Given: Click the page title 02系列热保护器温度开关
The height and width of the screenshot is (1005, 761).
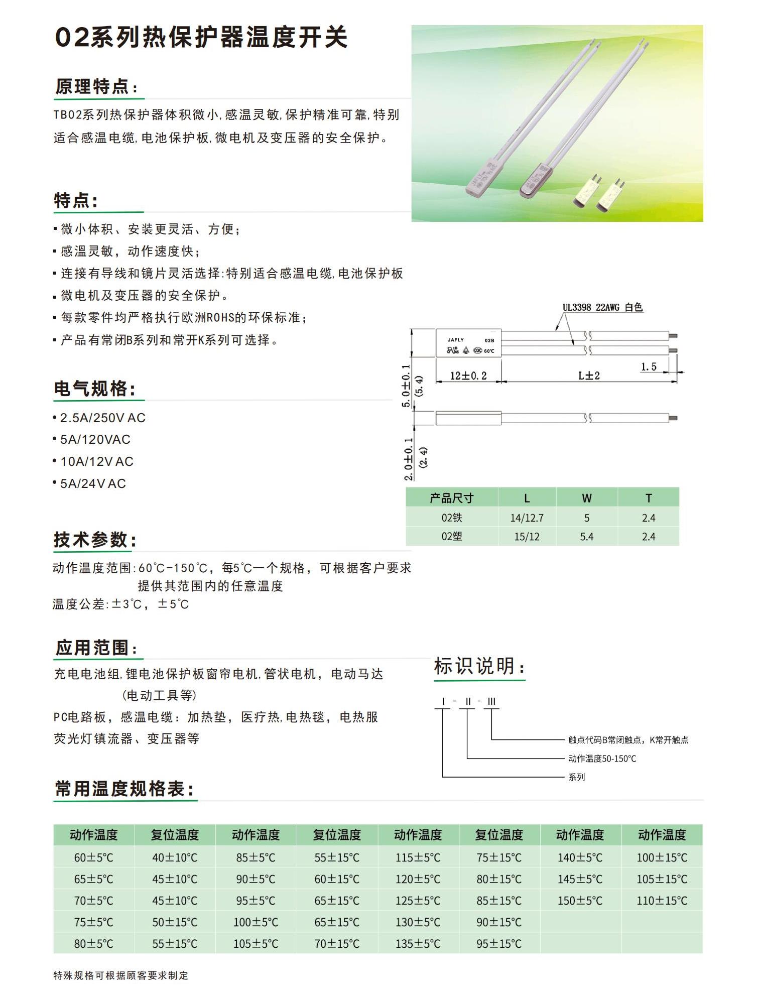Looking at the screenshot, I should point(201,37).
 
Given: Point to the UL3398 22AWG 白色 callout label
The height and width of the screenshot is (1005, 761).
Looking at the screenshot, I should point(602,307).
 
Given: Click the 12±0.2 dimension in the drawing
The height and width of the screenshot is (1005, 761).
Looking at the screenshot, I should point(468,375).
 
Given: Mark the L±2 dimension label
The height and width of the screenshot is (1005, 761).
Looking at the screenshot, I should point(589,375).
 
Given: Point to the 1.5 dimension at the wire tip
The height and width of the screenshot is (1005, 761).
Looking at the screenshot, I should point(648,366).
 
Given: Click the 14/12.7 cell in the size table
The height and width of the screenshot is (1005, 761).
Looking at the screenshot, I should point(527,518).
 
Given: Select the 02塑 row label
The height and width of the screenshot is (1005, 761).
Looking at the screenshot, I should point(451,536).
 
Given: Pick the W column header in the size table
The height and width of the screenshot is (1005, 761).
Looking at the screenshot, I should point(586,498).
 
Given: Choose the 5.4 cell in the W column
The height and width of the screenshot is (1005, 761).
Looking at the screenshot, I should point(586,536).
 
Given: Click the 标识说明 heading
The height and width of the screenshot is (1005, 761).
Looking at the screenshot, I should point(479,667).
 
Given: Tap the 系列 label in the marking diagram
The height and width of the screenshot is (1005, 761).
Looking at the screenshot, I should point(576,777).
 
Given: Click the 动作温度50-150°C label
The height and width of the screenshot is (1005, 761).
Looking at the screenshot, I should point(602,759).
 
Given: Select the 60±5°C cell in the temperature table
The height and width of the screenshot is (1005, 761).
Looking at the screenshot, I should point(94,857).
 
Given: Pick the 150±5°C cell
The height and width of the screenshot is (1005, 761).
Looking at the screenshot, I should point(580,901).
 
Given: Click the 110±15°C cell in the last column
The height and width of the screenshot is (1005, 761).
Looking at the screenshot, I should point(662,901).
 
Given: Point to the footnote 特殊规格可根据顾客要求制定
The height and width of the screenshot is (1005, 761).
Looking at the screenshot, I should point(121,975).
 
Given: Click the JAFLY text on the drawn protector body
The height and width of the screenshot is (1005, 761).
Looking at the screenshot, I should point(456,340).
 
